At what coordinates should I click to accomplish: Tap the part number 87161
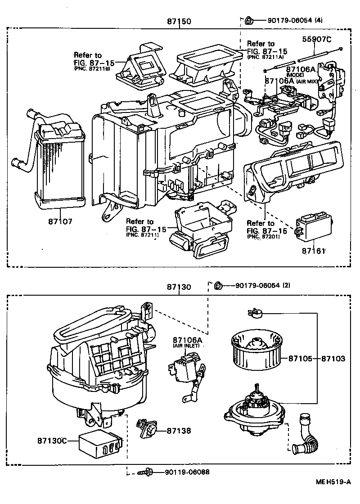(x=313, y=250)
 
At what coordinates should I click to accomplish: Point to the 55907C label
(x=316, y=40)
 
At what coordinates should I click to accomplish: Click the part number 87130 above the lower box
(x=179, y=287)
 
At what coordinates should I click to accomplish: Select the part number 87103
(x=333, y=359)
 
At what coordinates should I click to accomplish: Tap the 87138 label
(x=178, y=431)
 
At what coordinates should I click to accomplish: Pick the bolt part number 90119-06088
(x=187, y=472)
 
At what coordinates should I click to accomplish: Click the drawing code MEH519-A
(x=332, y=481)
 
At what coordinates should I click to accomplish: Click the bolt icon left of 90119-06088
(x=147, y=472)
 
